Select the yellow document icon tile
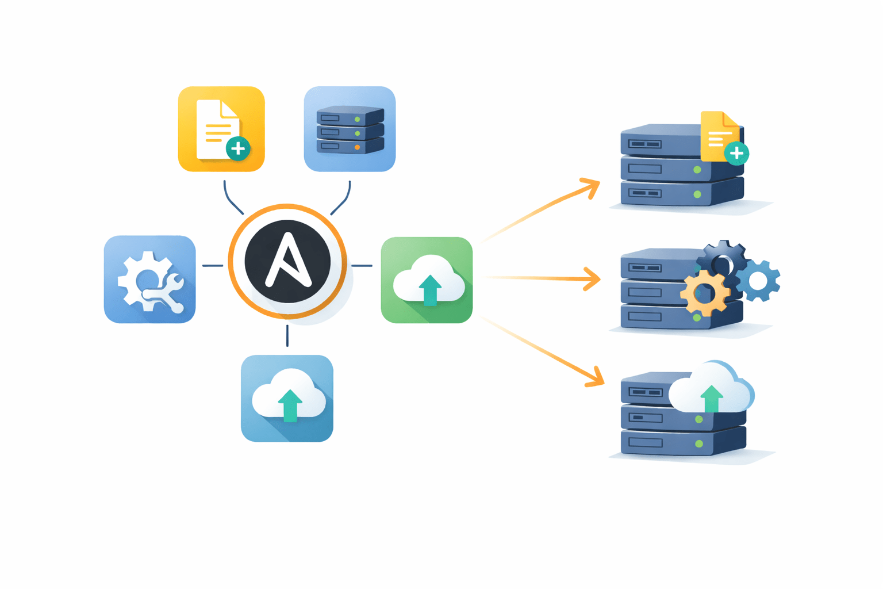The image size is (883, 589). [221, 129]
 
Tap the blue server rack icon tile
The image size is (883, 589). [350, 129]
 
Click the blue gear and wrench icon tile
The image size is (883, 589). [149, 279]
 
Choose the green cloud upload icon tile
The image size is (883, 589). [427, 280]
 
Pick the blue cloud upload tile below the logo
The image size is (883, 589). [287, 398]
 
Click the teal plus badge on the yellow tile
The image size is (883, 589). [238, 149]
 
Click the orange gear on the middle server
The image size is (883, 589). [705, 293]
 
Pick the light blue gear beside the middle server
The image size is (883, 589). [758, 281]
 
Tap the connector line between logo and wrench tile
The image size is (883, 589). [213, 266]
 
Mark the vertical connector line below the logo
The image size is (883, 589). [287, 335]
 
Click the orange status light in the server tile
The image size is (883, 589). [358, 147]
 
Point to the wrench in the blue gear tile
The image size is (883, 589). [167, 293]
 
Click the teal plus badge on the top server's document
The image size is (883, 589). [736, 153]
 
